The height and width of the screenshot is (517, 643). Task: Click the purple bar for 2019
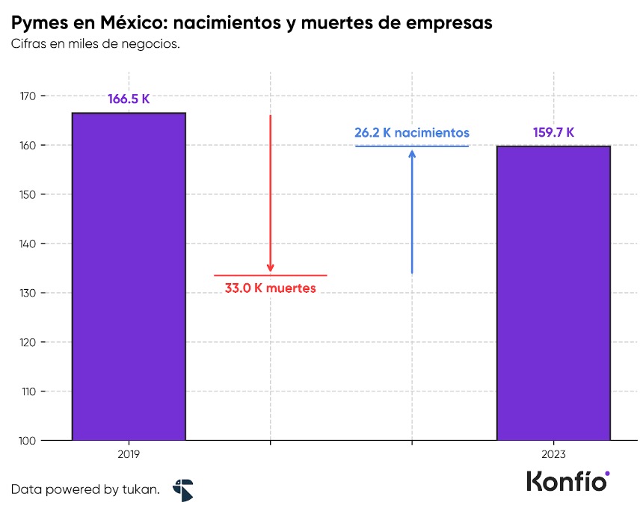click(x=129, y=276)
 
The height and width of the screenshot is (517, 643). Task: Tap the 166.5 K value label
click(x=129, y=99)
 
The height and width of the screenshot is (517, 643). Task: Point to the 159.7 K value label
click(x=553, y=132)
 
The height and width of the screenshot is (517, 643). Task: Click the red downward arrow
click(x=271, y=194)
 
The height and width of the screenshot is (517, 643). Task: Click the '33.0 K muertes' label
click(x=271, y=288)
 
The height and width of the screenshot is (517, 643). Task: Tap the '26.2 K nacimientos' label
click(x=411, y=132)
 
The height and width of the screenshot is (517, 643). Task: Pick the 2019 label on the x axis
click(x=129, y=454)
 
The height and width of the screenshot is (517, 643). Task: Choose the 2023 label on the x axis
click(x=553, y=454)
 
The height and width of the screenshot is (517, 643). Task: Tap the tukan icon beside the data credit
click(x=182, y=490)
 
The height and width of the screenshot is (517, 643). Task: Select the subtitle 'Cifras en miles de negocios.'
click(x=95, y=44)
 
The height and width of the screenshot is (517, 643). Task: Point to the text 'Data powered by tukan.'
click(x=85, y=490)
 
